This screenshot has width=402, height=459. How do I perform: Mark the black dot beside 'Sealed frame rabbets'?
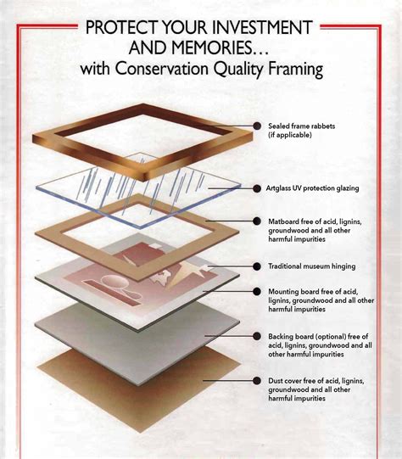[x=256, y=126]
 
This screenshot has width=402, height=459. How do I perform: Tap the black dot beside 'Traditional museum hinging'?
[x=257, y=266]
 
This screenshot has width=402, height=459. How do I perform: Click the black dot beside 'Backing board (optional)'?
[x=257, y=338]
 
